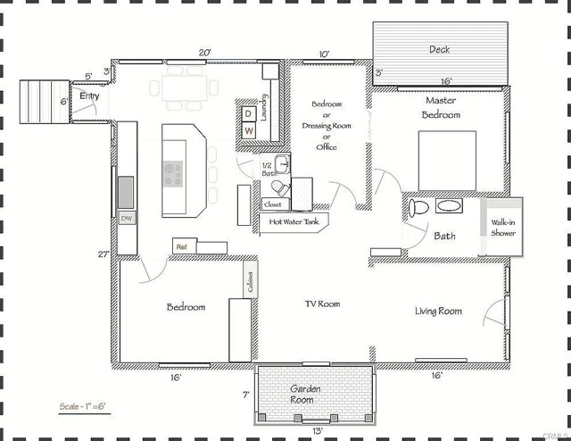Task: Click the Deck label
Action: tap(440, 50)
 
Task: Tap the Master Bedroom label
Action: tap(441, 108)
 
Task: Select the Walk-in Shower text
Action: tap(503, 227)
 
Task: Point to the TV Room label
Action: tap(322, 304)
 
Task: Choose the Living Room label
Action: tap(438, 311)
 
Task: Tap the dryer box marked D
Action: tap(248, 113)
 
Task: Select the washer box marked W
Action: tap(248, 130)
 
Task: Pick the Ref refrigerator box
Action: tap(181, 245)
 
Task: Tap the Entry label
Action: tap(90, 96)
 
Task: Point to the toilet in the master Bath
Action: tap(418, 207)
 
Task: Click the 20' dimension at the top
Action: tap(204, 53)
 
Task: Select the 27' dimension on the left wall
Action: tap(103, 254)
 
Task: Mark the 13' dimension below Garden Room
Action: tap(319, 429)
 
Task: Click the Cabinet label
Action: tap(250, 282)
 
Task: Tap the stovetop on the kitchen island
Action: tap(172, 172)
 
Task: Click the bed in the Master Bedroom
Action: tap(447, 160)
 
